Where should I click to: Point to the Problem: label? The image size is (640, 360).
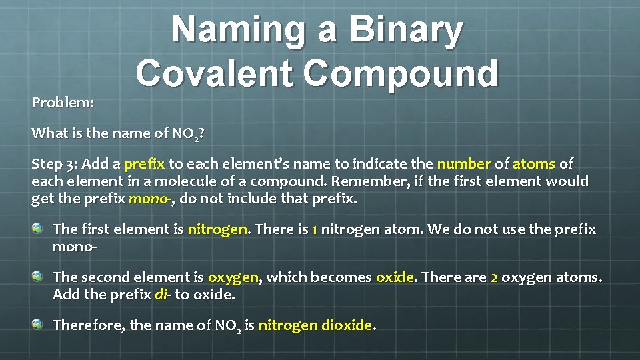63,103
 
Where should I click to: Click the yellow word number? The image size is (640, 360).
464,164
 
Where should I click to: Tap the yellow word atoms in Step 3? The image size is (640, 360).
534,164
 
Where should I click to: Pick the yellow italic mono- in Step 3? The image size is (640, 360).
151,199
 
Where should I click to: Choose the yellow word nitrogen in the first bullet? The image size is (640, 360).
217,229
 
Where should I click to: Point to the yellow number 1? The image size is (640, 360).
314,229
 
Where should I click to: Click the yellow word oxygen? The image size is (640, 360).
233,277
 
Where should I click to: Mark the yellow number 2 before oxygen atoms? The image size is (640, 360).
494,277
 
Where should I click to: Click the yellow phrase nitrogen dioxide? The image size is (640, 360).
315,325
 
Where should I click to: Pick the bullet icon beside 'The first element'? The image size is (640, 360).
38,228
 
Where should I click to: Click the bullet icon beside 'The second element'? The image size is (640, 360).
38,276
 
